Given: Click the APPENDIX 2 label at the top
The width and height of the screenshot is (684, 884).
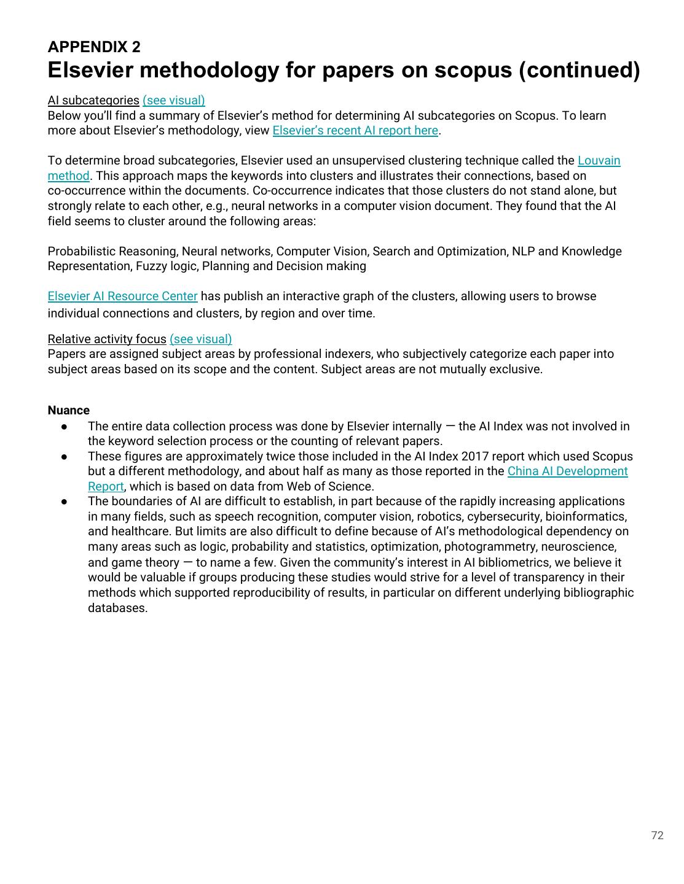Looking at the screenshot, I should (x=93, y=47).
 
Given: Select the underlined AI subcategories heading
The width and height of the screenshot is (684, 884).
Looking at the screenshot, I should (x=93, y=100).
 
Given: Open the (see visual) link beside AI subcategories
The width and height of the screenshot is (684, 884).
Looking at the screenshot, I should (x=173, y=100).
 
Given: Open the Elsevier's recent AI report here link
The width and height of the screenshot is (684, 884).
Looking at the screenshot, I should (x=355, y=130).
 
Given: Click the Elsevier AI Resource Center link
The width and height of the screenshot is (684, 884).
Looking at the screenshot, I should (x=122, y=296).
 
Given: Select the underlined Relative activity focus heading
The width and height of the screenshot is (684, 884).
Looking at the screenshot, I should (x=107, y=339).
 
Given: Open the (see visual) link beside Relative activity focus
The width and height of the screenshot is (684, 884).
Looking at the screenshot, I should (x=200, y=339).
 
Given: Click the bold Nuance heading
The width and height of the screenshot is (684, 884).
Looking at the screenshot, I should (x=68, y=410).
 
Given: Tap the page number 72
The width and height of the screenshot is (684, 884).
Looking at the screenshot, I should (x=657, y=835).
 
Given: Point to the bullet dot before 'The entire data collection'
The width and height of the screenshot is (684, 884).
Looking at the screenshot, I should (x=64, y=427).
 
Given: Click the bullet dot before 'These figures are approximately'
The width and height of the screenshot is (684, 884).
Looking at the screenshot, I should (x=64, y=457).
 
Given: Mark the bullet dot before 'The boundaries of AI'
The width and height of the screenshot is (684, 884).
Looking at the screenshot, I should (x=64, y=502).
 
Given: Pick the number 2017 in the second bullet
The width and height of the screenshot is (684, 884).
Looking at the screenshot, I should (x=474, y=456).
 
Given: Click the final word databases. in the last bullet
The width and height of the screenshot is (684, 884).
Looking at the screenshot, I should (x=117, y=608).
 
